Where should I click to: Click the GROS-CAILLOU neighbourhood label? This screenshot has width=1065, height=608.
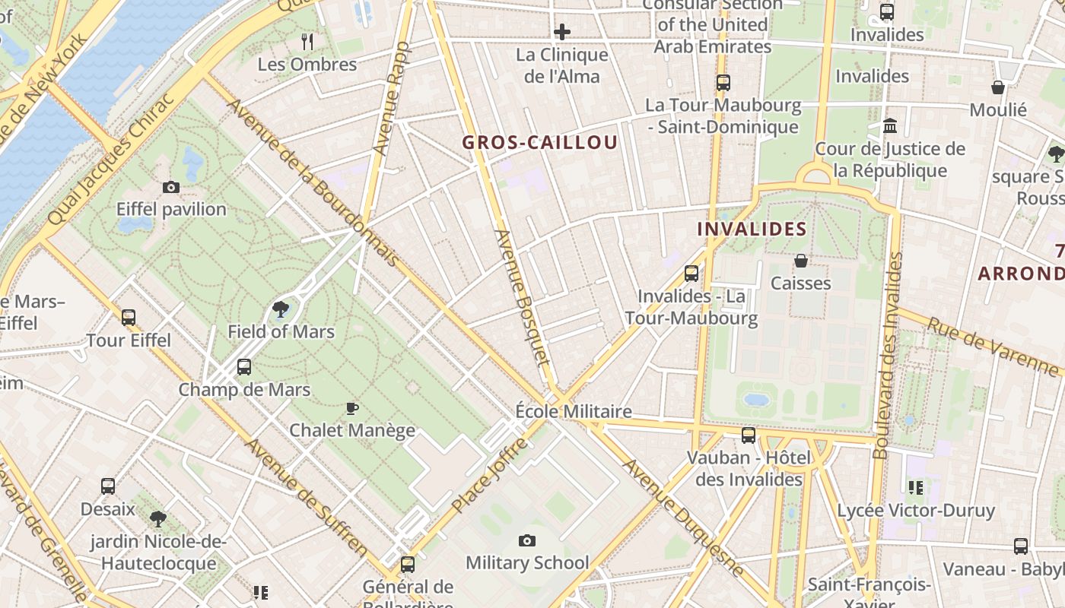tap(540, 143)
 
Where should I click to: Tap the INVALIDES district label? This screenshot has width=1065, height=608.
tap(752, 229)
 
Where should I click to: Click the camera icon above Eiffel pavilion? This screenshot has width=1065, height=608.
tap(171, 187)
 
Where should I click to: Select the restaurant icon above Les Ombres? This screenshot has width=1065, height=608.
tap(307, 41)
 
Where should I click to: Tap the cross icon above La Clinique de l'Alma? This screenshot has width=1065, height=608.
tap(562, 32)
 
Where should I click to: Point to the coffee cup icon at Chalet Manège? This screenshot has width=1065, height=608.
tap(352, 408)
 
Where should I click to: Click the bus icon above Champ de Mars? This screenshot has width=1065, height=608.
tap(244, 367)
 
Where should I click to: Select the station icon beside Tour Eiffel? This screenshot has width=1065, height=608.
tap(129, 318)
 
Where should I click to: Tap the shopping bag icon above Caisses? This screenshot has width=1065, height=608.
tap(801, 261)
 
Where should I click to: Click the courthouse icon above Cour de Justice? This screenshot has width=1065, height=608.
tap(890, 125)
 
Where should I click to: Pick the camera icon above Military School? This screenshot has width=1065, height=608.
tap(526, 541)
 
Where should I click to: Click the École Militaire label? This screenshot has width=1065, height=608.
tap(574, 411)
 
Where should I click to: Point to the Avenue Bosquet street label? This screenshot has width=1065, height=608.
tap(520, 308)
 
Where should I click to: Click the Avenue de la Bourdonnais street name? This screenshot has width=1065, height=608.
tap(313, 182)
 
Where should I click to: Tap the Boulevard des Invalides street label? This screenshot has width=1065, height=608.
tap(889, 356)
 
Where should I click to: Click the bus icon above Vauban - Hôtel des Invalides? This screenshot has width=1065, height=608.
tap(749, 435)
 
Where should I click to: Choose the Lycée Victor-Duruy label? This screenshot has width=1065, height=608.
tap(916, 510)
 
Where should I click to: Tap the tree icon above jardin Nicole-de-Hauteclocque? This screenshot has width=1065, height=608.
tap(158, 519)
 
